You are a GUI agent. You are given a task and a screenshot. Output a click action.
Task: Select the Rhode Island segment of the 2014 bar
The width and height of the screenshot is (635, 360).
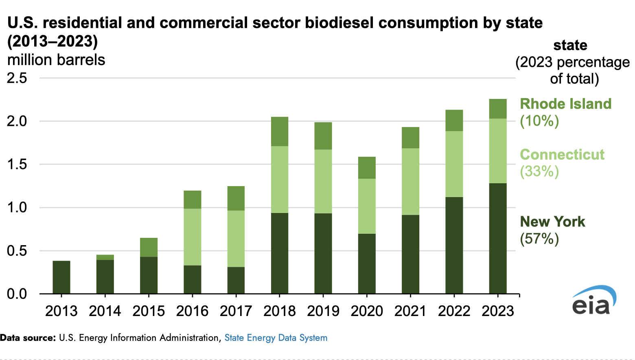click(105, 257)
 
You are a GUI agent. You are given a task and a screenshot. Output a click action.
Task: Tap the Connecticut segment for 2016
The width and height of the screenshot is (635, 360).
click(193, 237)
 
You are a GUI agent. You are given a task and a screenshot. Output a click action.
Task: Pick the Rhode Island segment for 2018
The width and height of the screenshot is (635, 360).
click(280, 132)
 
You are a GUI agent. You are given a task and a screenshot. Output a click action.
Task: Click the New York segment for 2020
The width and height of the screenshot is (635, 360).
click(367, 263)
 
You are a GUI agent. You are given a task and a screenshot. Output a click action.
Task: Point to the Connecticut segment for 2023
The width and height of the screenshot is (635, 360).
click(498, 151)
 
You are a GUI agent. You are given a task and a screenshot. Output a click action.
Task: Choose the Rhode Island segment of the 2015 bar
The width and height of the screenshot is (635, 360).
click(149, 247)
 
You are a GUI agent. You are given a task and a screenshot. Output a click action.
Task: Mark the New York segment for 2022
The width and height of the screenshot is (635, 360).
click(454, 245)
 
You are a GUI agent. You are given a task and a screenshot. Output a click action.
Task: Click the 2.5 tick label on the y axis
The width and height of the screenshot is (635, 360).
click(17, 78)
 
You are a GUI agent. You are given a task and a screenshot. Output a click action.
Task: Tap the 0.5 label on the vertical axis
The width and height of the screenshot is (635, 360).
click(17, 250)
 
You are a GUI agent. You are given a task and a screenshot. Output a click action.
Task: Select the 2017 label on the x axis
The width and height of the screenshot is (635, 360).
click(236, 311)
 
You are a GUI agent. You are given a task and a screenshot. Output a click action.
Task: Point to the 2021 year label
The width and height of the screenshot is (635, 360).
click(410, 311)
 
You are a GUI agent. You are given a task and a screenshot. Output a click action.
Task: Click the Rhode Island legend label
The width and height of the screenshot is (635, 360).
click(565, 104)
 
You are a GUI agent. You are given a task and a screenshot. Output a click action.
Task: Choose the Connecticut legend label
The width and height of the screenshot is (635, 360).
click(562, 154)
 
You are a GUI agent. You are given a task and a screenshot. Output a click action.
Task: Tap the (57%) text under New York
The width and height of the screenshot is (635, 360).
click(539, 239)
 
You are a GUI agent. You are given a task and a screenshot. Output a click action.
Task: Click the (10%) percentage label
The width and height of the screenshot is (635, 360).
click(539, 121)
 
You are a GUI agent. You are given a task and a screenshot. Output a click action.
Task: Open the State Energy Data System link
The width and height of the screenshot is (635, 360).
click(276, 338)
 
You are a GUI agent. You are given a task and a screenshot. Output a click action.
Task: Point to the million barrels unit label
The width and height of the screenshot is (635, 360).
click(56, 60)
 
